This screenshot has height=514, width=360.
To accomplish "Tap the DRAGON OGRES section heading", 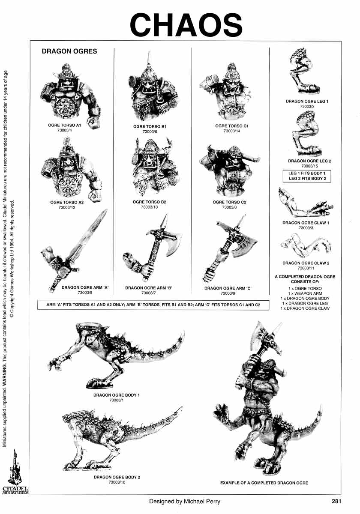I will click(69, 51).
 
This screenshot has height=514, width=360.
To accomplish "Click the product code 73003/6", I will click(149, 132).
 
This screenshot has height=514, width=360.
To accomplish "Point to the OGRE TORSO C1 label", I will click(232, 126).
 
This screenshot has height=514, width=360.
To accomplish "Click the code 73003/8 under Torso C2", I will click(229, 207).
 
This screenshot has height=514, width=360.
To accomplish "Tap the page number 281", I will click(336, 501).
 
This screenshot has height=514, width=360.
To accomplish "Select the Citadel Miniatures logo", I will click(15, 473).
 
